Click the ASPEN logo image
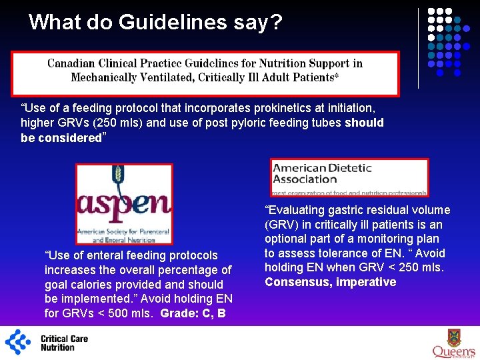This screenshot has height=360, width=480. tap(124, 204)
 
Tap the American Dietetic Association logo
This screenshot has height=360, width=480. tap(349, 177)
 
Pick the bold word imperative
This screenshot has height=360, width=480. tap(366, 282)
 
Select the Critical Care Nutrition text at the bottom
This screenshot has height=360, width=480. tap(64, 343)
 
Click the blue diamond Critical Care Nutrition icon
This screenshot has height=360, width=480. tap(18, 342)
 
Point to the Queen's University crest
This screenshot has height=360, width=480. tap(453, 337)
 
